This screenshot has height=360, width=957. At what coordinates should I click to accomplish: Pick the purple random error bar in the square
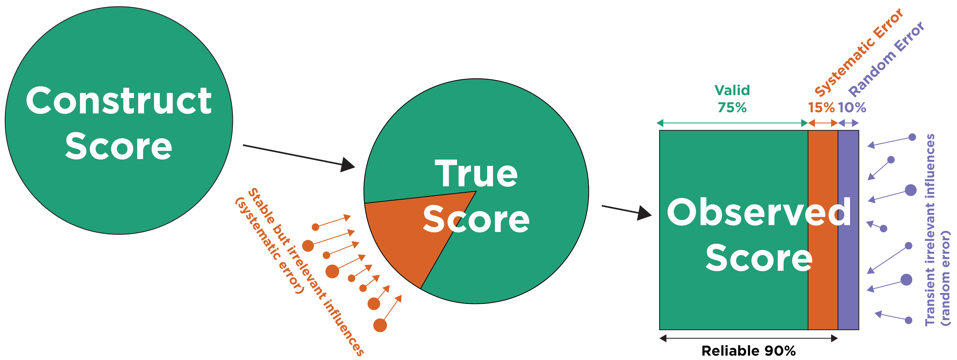pyautogui.click(x=848, y=260)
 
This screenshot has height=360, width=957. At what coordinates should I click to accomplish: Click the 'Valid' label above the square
pyautogui.click(x=732, y=90)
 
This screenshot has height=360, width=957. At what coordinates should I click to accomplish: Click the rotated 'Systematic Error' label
pyautogui.click(x=858, y=52)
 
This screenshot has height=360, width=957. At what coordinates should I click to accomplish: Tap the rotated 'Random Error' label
pyautogui.click(x=886, y=59)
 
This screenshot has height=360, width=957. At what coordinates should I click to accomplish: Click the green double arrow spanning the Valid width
pyautogui.click(x=732, y=123)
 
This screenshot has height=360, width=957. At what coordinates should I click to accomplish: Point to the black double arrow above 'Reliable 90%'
pyautogui.click(x=748, y=338)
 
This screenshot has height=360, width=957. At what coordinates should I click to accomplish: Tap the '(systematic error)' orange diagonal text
pyautogui.click(x=269, y=245)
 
